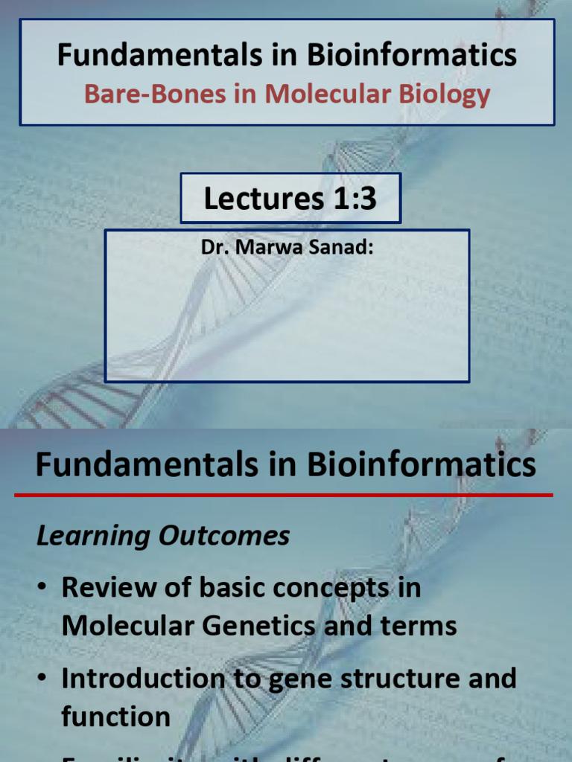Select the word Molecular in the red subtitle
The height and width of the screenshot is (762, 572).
click(x=316, y=95)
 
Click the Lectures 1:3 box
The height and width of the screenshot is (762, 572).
click(x=290, y=199)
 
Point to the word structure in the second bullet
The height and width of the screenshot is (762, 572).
click(x=402, y=678)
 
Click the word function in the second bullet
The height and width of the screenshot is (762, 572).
click(x=116, y=717)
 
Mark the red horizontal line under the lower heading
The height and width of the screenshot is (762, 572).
click(x=290, y=494)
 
